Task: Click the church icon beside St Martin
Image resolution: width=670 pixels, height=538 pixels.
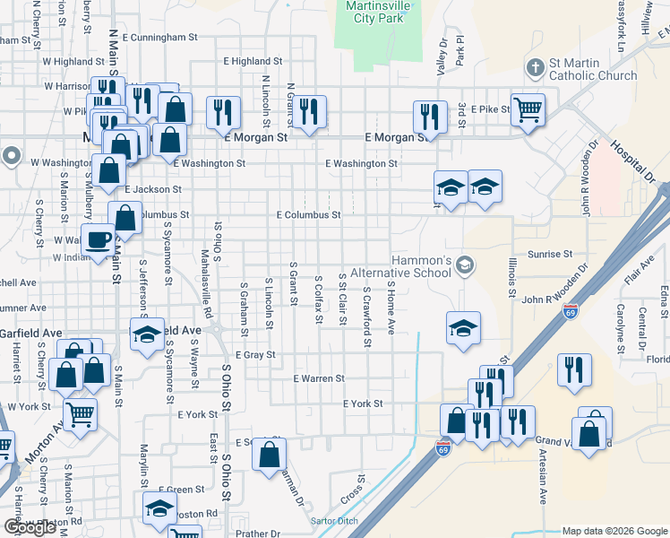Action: click(535, 67)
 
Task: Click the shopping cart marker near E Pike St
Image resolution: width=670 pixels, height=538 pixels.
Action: click(528, 109)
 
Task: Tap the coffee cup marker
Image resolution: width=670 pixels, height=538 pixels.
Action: click(98, 239)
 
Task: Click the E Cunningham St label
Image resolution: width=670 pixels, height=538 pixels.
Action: click(159, 38)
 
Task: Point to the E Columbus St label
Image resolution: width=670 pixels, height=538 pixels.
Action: click(308, 215)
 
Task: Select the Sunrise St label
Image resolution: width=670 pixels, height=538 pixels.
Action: click(549, 255)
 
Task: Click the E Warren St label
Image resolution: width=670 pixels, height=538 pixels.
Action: click(319, 378)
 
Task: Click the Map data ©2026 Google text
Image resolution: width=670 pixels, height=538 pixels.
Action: click(614, 531)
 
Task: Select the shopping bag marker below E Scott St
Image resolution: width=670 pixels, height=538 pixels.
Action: click(269, 455)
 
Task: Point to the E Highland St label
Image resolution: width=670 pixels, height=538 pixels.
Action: click(253, 61)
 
